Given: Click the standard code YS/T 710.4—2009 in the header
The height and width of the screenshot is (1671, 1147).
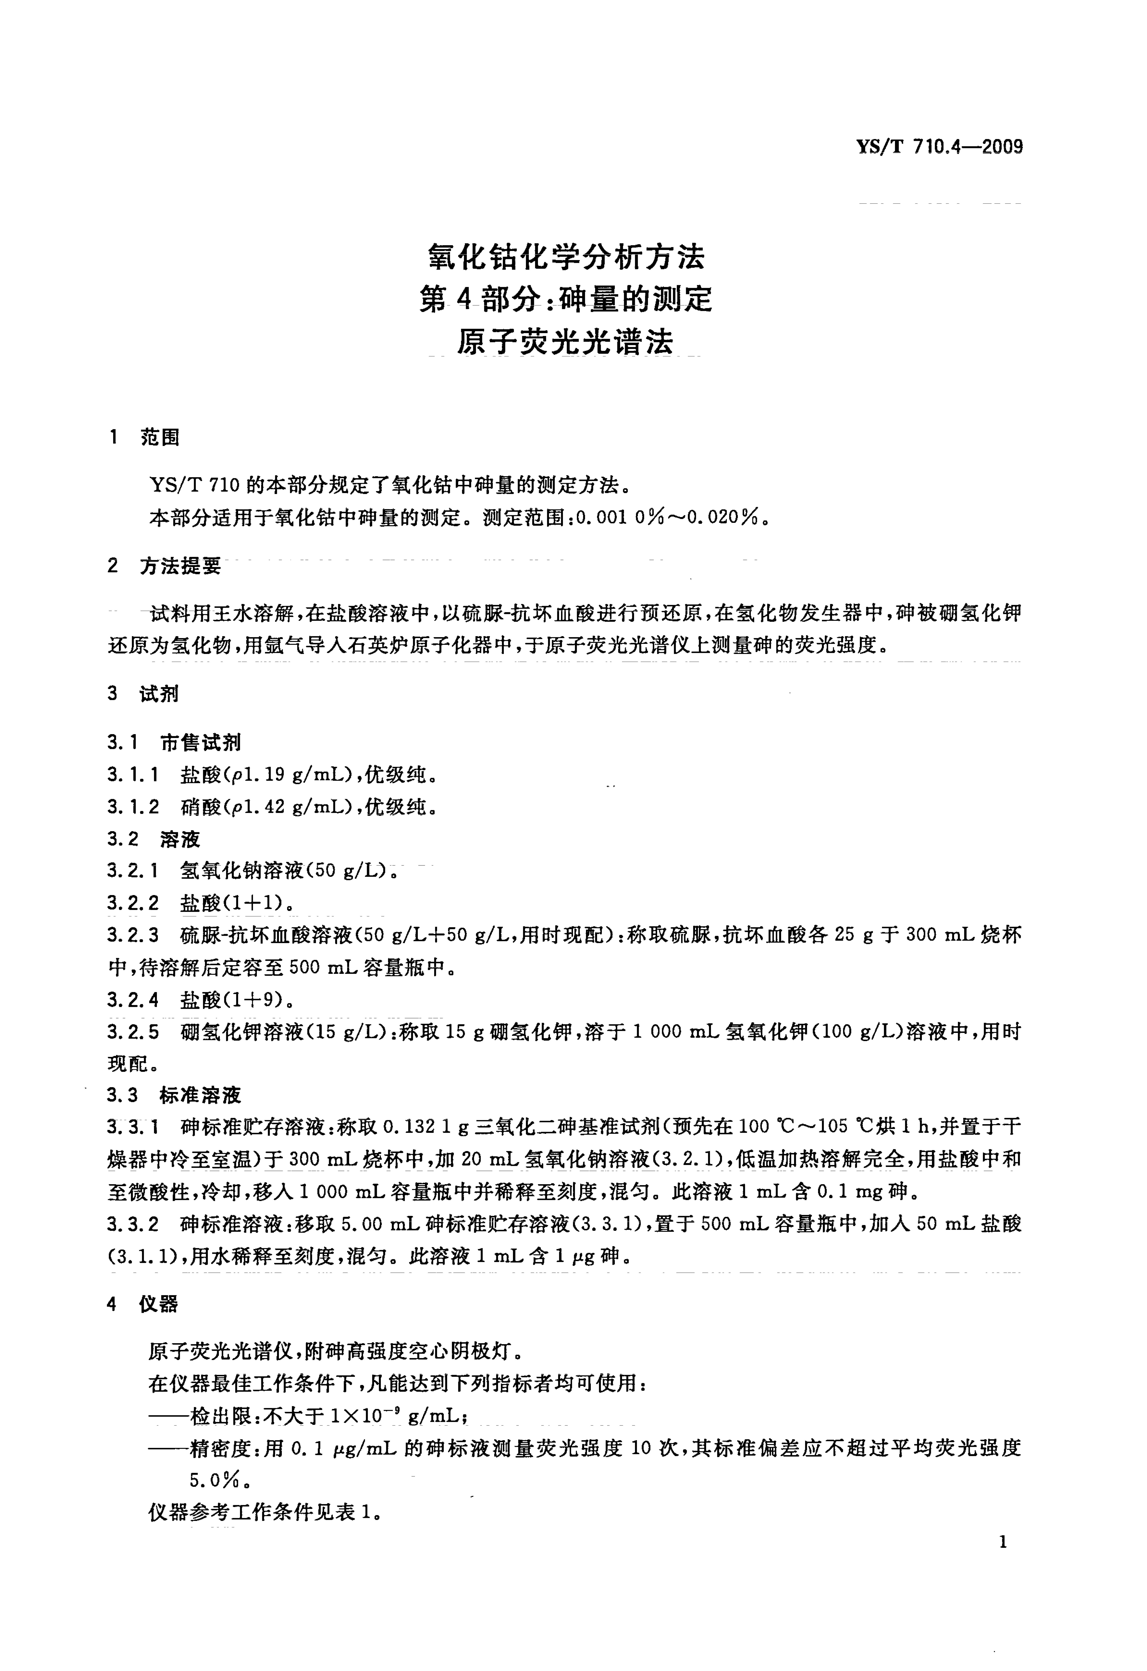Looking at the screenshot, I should pos(939,147).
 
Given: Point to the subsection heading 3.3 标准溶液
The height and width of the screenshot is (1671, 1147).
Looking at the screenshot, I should pos(174,1095).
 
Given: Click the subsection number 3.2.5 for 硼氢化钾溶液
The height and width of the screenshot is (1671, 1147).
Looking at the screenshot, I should pos(133,1032).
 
